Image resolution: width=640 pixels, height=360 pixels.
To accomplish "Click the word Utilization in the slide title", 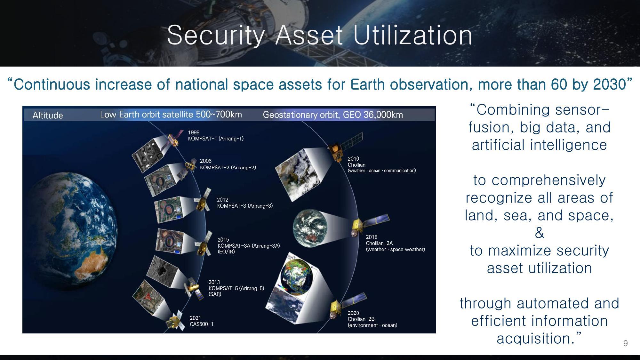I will click(413, 35).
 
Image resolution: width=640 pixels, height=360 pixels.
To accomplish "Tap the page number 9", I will click(625, 343).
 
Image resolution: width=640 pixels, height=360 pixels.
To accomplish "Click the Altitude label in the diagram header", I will click(48, 115).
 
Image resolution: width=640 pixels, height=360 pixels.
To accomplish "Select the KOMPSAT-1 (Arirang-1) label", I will click(216, 139).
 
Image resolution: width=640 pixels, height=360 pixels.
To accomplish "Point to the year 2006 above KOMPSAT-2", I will click(205, 161).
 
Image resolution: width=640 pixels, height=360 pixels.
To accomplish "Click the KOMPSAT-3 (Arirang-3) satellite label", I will click(245, 206).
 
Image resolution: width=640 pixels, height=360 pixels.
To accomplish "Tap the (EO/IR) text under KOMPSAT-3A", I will click(226, 252).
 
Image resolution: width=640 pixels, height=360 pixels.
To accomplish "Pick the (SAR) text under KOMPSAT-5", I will click(215, 294).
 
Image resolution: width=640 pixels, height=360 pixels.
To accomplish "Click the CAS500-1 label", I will click(202, 324).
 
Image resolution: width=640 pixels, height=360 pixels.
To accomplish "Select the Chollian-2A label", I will click(379, 243).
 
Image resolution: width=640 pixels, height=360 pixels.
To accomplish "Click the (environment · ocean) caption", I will click(372, 325).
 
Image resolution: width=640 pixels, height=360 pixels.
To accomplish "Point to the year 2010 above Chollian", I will click(353, 159).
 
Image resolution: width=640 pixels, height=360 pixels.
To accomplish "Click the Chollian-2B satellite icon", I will click(337, 308).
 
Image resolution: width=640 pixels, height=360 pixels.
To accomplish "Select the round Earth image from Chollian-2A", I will click(310, 228).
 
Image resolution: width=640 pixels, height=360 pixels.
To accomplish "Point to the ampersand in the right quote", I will click(539, 233).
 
